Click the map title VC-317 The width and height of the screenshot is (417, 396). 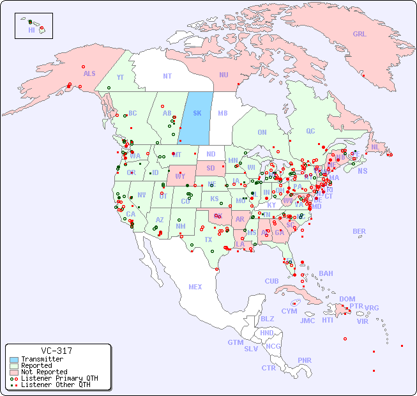(x=56, y=351)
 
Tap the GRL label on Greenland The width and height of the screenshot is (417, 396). (x=360, y=34)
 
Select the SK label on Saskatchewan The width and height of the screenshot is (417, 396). (x=197, y=114)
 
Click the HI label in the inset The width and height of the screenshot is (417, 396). (x=31, y=30)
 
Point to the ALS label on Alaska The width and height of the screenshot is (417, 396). (x=89, y=74)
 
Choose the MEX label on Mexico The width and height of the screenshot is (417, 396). (x=195, y=287)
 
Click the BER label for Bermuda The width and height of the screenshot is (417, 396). (x=360, y=231)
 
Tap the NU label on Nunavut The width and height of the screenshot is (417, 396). (x=224, y=75)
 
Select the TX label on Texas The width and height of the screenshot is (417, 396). (x=208, y=240)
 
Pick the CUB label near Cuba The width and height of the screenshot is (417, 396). (x=272, y=281)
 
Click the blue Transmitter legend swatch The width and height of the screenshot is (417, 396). (x=14, y=360)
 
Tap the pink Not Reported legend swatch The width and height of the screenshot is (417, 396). (x=14, y=372)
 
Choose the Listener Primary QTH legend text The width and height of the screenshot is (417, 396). (x=59, y=378)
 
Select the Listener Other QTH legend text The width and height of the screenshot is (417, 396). (x=55, y=385)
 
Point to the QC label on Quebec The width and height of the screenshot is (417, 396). (x=310, y=132)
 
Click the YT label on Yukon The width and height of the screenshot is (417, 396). (x=120, y=77)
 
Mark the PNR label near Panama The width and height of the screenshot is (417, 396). (x=305, y=360)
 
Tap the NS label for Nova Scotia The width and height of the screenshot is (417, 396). (x=363, y=171)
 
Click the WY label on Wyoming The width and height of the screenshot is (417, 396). (x=180, y=176)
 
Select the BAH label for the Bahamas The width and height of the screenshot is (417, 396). (x=326, y=273)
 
